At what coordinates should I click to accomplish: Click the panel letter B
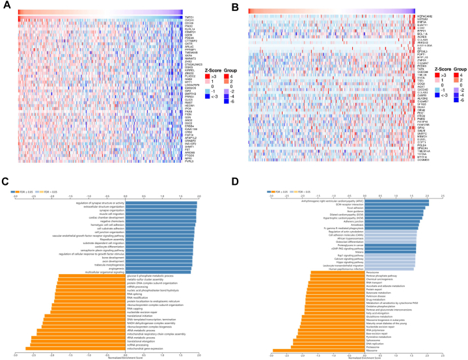239,5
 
